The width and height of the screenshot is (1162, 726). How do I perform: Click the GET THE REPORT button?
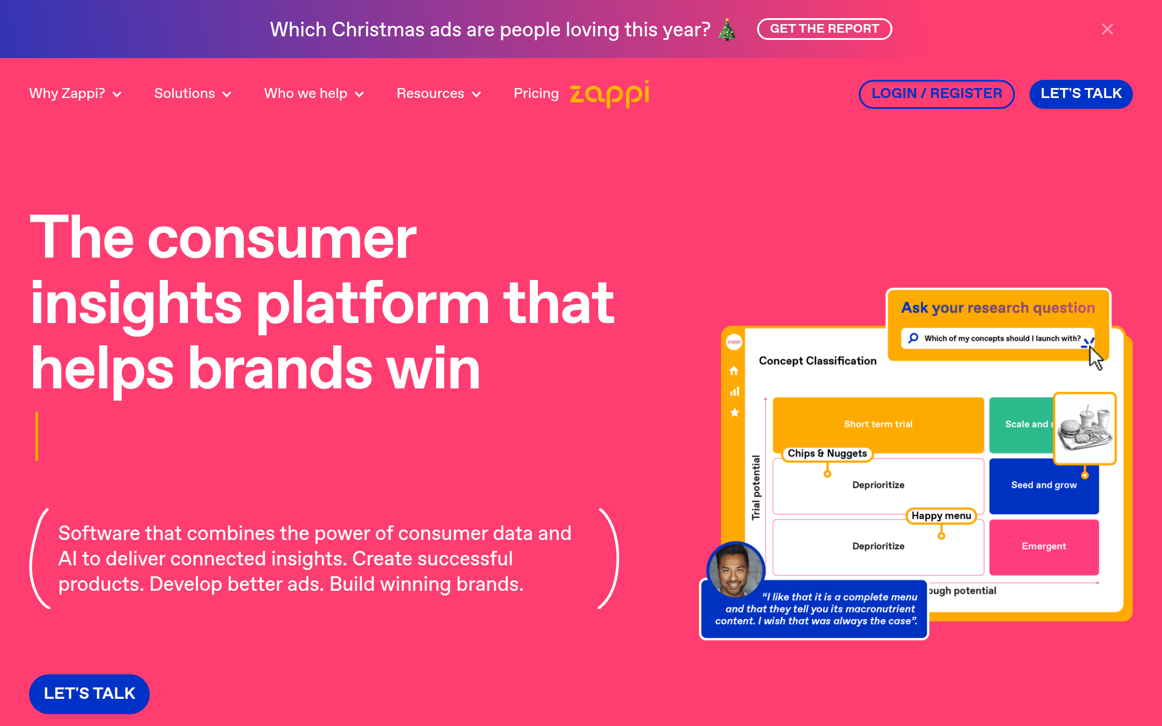824,29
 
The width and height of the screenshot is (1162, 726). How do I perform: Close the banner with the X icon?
1107,29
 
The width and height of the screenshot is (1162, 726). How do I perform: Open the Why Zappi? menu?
75,93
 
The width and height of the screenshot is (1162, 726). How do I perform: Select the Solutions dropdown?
193,93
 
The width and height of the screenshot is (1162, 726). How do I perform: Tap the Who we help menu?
314,93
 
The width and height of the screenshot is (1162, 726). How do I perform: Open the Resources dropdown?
439,93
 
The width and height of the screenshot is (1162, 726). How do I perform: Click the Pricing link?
536,93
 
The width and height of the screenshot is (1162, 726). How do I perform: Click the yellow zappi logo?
609,93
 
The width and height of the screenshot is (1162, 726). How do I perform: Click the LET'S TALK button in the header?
1081,93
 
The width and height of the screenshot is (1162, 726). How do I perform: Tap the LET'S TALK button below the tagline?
89,693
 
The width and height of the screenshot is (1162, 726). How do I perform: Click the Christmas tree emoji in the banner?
727,30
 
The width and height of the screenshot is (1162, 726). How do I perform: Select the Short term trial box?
878,424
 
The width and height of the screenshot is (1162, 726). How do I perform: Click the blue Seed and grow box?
1044,486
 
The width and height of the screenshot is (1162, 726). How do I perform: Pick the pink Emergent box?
1044,546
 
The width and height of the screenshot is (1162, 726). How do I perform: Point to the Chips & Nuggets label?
827,454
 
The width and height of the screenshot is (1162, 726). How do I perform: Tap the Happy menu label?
941,516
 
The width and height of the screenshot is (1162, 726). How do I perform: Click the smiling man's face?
735,570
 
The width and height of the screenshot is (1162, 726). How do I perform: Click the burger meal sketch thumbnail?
1085,428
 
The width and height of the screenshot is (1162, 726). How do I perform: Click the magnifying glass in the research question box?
913,338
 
